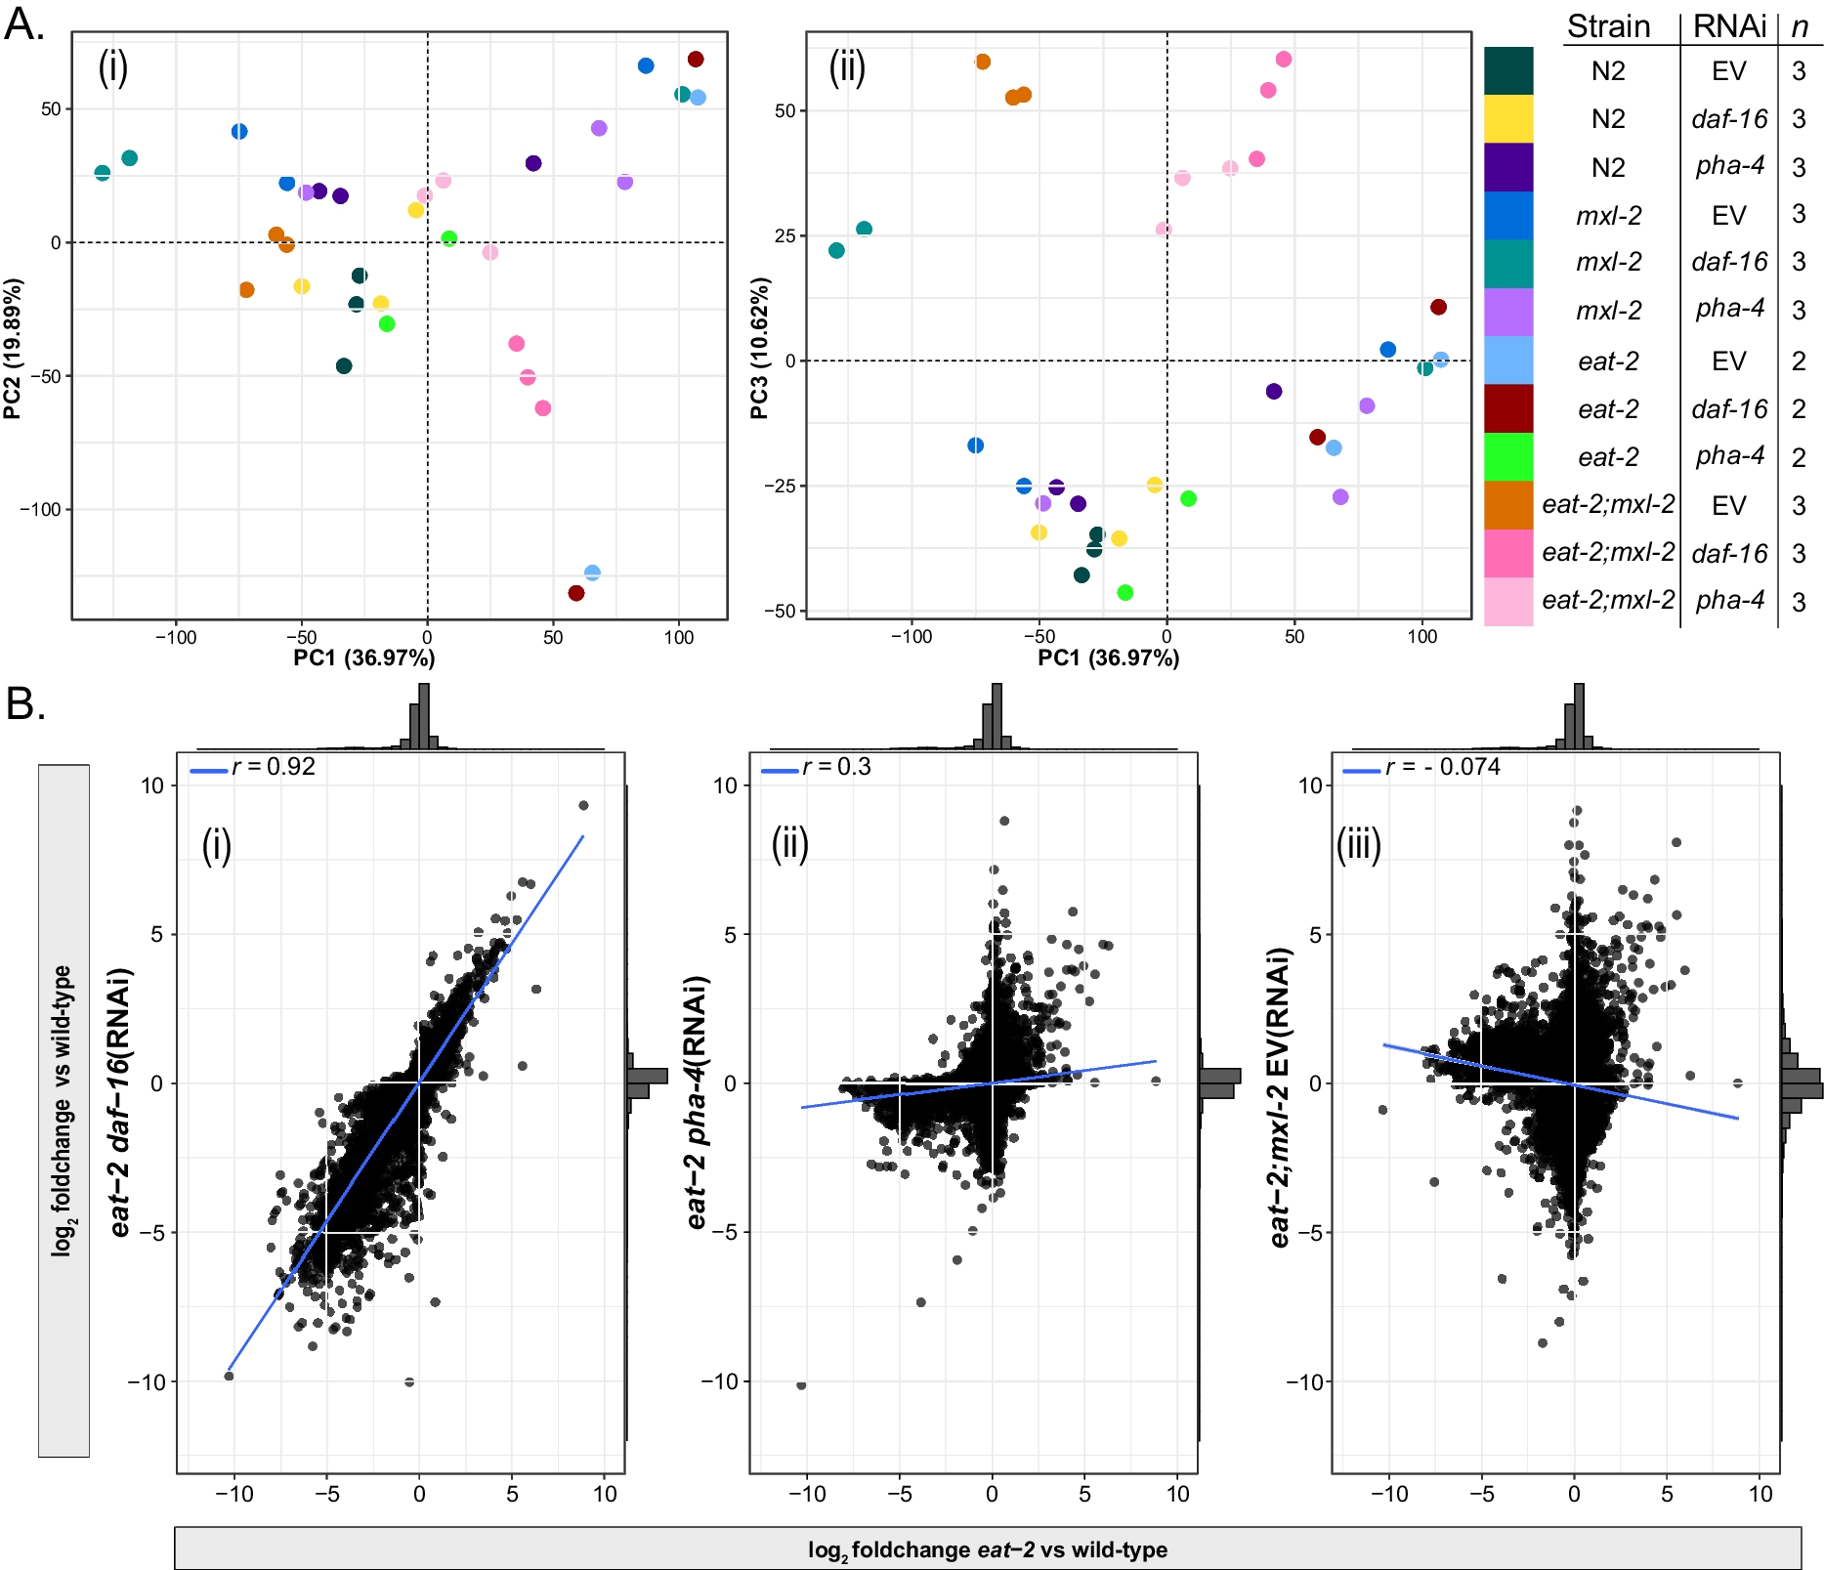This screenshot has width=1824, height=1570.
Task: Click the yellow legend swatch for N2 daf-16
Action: [x=1508, y=118]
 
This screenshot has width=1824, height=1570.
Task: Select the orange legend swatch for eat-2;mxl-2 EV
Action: [x=1508, y=505]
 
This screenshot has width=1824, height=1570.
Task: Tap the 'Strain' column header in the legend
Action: [x=1608, y=26]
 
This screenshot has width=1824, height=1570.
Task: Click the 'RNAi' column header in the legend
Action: [x=1728, y=26]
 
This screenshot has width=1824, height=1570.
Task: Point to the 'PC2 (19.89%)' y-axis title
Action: [x=13, y=349]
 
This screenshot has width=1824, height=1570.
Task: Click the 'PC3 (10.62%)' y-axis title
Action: [x=759, y=349]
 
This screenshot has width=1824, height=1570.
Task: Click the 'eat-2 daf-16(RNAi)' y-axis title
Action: [x=120, y=1102]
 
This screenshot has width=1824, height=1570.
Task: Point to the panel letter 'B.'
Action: [x=25, y=703]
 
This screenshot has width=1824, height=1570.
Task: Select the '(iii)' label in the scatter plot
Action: [x=1359, y=845]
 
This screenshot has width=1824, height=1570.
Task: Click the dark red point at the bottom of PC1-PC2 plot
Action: [x=576, y=593]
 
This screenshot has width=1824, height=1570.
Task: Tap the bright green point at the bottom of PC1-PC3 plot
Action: [x=1124, y=592]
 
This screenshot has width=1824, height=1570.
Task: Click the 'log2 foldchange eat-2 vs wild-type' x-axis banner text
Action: [x=987, y=1549]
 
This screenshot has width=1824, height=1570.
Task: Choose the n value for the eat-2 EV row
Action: [x=1799, y=361]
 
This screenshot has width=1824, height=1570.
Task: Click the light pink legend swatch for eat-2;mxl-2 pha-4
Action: [x=1508, y=601]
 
